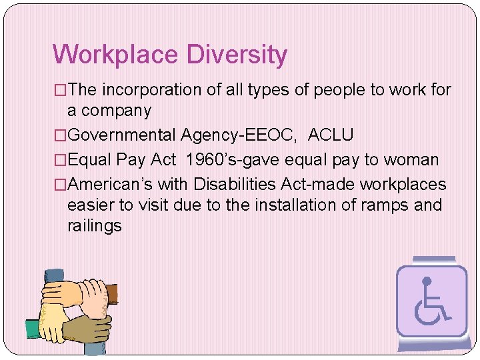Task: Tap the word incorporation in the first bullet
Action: pyautogui.click(x=158, y=89)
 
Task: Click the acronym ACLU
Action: pyautogui.click(x=331, y=135)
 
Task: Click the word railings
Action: pyautogui.click(x=95, y=225)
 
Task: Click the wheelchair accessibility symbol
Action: pyautogui.click(x=431, y=301)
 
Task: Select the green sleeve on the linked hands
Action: pyautogui.click(x=33, y=329)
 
